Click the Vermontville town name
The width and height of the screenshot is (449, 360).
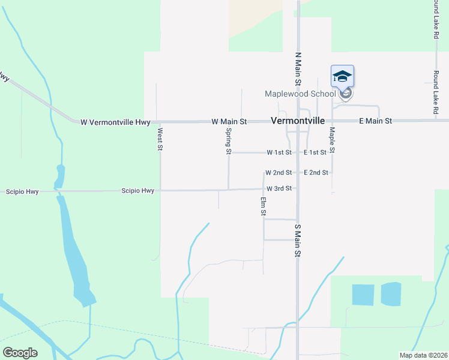tap(298, 121)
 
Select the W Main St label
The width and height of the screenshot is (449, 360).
tap(229, 122)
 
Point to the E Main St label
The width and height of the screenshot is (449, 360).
tap(375, 121)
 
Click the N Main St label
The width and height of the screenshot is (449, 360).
tap(298, 67)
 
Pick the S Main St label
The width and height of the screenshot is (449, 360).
tap(297, 241)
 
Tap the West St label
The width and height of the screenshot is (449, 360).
tap(160, 139)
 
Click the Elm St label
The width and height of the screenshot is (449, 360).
tap(263, 206)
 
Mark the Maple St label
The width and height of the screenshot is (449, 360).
tap(331, 139)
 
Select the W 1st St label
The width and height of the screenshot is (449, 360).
tap(279, 153)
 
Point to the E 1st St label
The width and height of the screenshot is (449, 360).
tap(315, 153)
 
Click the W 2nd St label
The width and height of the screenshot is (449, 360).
tap(279, 173)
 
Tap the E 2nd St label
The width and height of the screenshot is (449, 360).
tap(316, 173)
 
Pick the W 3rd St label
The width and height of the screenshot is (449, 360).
tap(279, 188)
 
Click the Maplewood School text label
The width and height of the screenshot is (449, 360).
tap(301, 94)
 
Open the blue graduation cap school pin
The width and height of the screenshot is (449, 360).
tap(342, 77)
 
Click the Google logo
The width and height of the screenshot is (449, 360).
tap(20, 353)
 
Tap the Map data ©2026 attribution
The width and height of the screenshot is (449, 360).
tap(423, 355)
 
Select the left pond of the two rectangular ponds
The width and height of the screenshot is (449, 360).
tap(362, 295)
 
